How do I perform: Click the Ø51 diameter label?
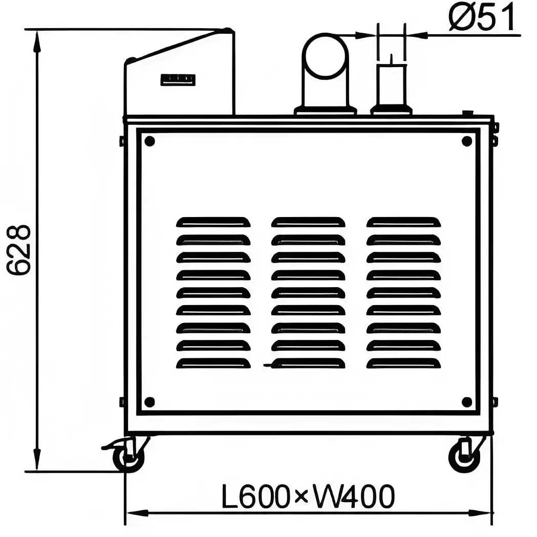click(481, 17)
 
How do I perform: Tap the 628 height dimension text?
click(19, 250)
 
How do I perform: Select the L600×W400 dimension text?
click(308, 496)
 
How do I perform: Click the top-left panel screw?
click(149, 141)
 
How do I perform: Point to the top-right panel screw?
click(467, 141)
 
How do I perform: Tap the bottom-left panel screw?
click(149, 402)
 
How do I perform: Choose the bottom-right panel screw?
click(467, 402)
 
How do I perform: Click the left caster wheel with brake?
click(128, 458)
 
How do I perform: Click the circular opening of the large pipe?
click(326, 56)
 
